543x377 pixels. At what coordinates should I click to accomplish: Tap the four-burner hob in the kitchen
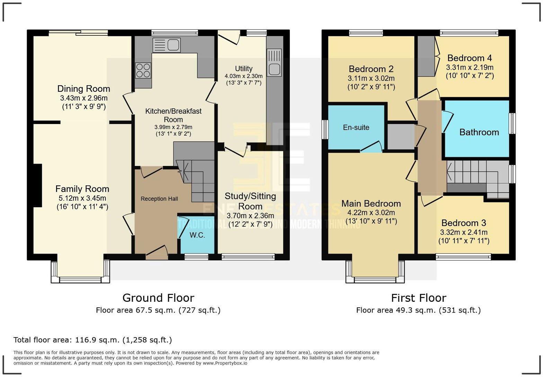tap(143, 70)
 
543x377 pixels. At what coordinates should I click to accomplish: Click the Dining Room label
tap(83, 89)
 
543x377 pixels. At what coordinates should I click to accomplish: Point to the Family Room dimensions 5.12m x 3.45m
tap(82, 198)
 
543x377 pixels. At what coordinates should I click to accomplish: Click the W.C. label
tap(197, 235)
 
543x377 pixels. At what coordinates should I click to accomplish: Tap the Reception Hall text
tap(159, 199)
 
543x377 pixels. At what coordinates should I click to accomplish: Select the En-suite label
tap(356, 128)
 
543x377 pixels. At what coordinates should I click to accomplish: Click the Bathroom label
tap(479, 132)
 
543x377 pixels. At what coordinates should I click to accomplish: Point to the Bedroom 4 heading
tap(469, 58)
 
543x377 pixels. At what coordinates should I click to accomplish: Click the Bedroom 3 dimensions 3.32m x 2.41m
tap(464, 232)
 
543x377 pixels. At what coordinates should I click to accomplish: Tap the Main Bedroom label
tap(371, 203)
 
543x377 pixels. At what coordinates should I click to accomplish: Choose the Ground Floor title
tap(158, 298)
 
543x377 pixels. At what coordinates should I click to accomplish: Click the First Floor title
tap(418, 298)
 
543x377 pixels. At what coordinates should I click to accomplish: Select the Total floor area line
tap(92, 340)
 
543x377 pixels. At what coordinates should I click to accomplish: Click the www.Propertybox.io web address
tap(225, 363)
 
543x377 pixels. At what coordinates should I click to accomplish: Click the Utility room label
tap(243, 69)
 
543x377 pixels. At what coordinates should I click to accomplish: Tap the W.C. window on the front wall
tap(196, 257)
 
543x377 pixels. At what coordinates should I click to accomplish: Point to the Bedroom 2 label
tap(371, 69)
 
